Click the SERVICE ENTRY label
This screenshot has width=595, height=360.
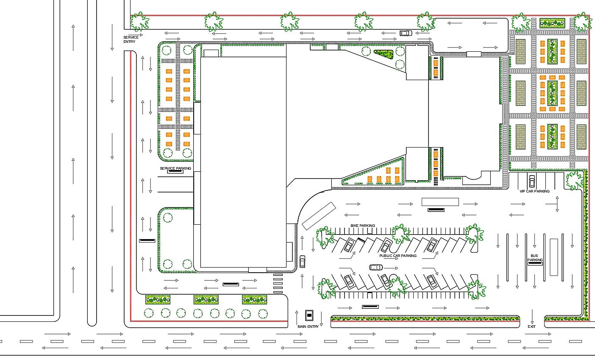[131, 39]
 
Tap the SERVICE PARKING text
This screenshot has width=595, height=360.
[175, 168]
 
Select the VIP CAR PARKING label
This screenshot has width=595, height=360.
[534, 191]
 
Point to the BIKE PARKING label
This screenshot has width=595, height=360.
[362, 226]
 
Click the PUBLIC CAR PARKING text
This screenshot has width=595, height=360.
[398, 256]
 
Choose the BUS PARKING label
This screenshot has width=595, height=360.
[535, 258]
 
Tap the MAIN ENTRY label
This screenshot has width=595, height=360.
[308, 327]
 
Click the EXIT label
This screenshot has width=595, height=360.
[531, 327]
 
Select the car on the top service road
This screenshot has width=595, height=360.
[406, 33]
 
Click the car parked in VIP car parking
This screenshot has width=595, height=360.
[531, 181]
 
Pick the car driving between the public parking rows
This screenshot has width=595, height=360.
[376, 267]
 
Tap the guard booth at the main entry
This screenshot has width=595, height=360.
[309, 315]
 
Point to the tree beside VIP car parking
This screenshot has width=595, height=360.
[575, 180]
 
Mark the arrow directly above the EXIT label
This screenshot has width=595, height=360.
[532, 316]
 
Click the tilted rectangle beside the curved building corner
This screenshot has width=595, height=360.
[319, 216]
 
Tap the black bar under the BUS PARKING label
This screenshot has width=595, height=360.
[535, 264]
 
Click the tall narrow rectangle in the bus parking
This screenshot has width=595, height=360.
[553, 257]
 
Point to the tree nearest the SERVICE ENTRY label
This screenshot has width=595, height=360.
[139, 22]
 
